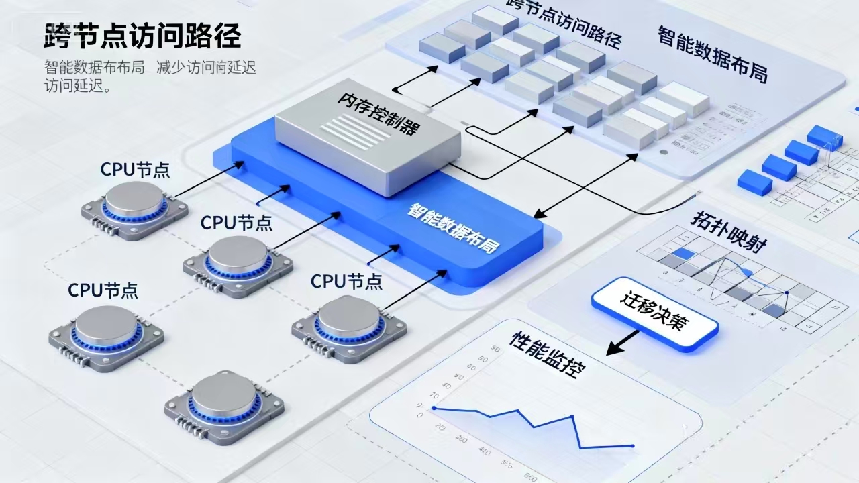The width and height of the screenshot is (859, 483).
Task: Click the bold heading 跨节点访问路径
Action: tap(142, 36)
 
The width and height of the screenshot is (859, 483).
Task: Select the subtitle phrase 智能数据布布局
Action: tap(94, 68)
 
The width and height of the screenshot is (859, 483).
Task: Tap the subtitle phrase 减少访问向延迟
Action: tap(207, 68)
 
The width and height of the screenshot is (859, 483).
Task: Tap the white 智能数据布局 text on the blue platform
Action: tap(453, 229)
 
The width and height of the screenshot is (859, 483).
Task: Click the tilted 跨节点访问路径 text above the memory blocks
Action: tap(564, 25)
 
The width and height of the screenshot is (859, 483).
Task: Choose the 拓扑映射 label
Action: tap(727, 232)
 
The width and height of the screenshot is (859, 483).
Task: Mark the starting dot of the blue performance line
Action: tap(434, 408)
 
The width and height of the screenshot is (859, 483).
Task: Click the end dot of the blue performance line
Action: tap(632, 445)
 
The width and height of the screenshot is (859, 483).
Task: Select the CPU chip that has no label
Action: tap(224, 406)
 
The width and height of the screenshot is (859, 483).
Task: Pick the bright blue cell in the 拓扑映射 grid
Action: tap(682, 254)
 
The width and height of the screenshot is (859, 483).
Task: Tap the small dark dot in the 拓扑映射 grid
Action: tap(786, 292)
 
